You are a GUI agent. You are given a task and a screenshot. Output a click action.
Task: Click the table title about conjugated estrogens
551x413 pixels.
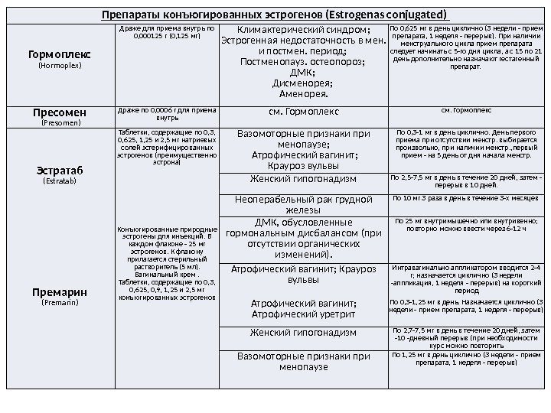tap(275, 15)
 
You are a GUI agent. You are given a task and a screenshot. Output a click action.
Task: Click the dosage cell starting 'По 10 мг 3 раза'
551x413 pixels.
tap(466, 198)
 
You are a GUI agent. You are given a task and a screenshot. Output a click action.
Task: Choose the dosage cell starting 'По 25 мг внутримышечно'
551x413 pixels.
tap(466, 225)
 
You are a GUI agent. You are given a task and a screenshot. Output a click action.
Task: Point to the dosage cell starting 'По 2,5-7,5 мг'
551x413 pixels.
tap(466, 181)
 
